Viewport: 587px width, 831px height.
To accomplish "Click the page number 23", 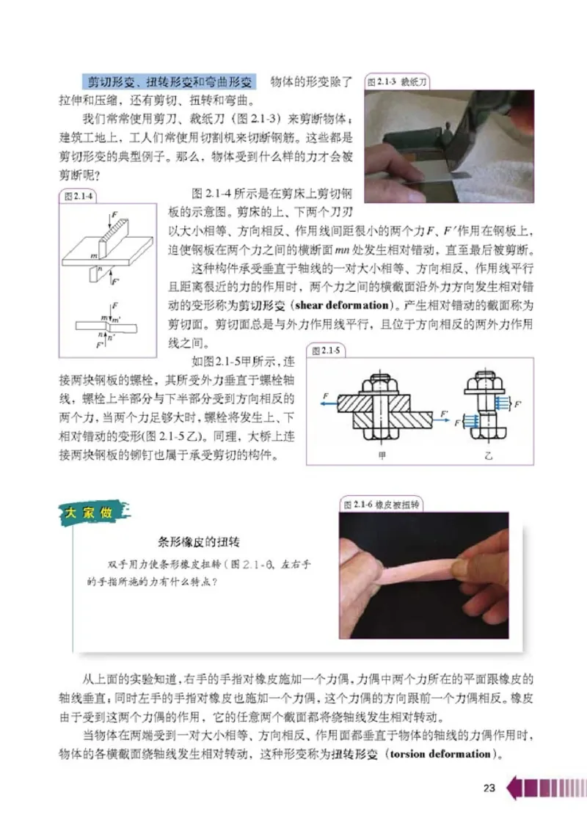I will (489, 788).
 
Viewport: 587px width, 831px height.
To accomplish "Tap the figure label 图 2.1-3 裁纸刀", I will (397, 83).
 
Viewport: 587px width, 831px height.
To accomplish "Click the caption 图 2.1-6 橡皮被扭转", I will (381, 505).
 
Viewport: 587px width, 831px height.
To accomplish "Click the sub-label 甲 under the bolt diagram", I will (379, 454).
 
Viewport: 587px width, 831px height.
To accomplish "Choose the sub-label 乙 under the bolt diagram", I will (489, 454).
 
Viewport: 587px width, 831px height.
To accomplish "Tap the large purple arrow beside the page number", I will (516, 789).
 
